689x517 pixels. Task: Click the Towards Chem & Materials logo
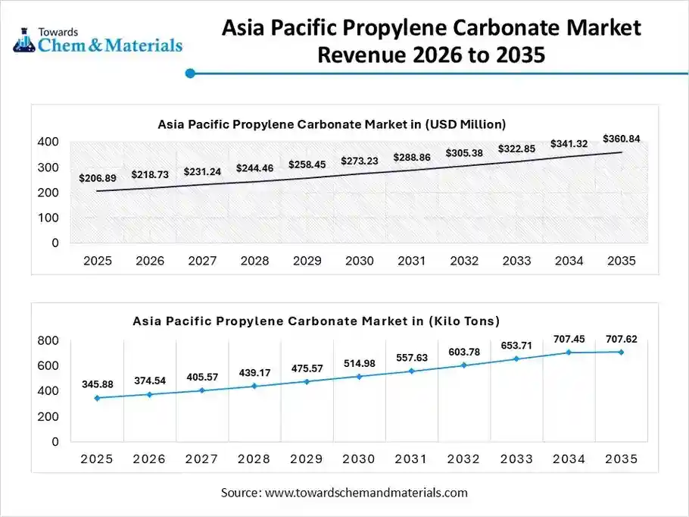(98, 39)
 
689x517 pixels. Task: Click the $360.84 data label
(621, 139)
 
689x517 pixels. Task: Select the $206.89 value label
(98, 178)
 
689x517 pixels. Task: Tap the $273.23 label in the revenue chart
(360, 161)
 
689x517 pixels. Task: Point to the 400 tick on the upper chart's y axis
(48, 142)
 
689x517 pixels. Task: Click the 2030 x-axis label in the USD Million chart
(360, 261)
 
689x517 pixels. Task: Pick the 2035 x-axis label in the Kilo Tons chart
(622, 459)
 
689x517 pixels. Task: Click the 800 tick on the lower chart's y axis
(48, 340)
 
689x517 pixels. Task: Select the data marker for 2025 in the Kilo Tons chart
(98, 398)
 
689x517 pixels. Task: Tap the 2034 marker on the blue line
(569, 352)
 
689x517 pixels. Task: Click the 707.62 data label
(622, 340)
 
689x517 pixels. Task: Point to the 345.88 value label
(98, 385)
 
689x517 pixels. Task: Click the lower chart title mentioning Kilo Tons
(316, 321)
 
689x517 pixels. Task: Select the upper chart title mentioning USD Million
(332, 124)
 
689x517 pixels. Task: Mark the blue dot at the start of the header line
(191, 74)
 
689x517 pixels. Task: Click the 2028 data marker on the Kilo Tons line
(255, 386)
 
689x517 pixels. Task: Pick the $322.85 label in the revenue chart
(516, 149)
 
